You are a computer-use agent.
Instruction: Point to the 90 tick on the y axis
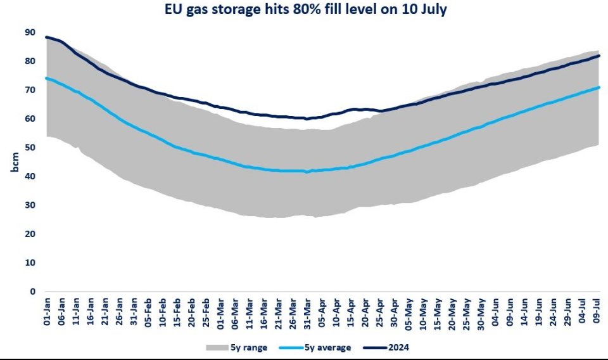point(30,32)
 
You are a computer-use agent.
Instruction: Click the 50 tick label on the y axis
point(30,148)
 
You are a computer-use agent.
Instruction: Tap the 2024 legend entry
point(391,347)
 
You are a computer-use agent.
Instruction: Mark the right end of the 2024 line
point(599,56)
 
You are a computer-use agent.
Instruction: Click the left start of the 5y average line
point(46,79)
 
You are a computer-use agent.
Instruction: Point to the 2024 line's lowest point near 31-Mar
point(307,119)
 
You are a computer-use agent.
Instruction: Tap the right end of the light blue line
point(599,87)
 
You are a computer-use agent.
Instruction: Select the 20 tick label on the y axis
point(30,234)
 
